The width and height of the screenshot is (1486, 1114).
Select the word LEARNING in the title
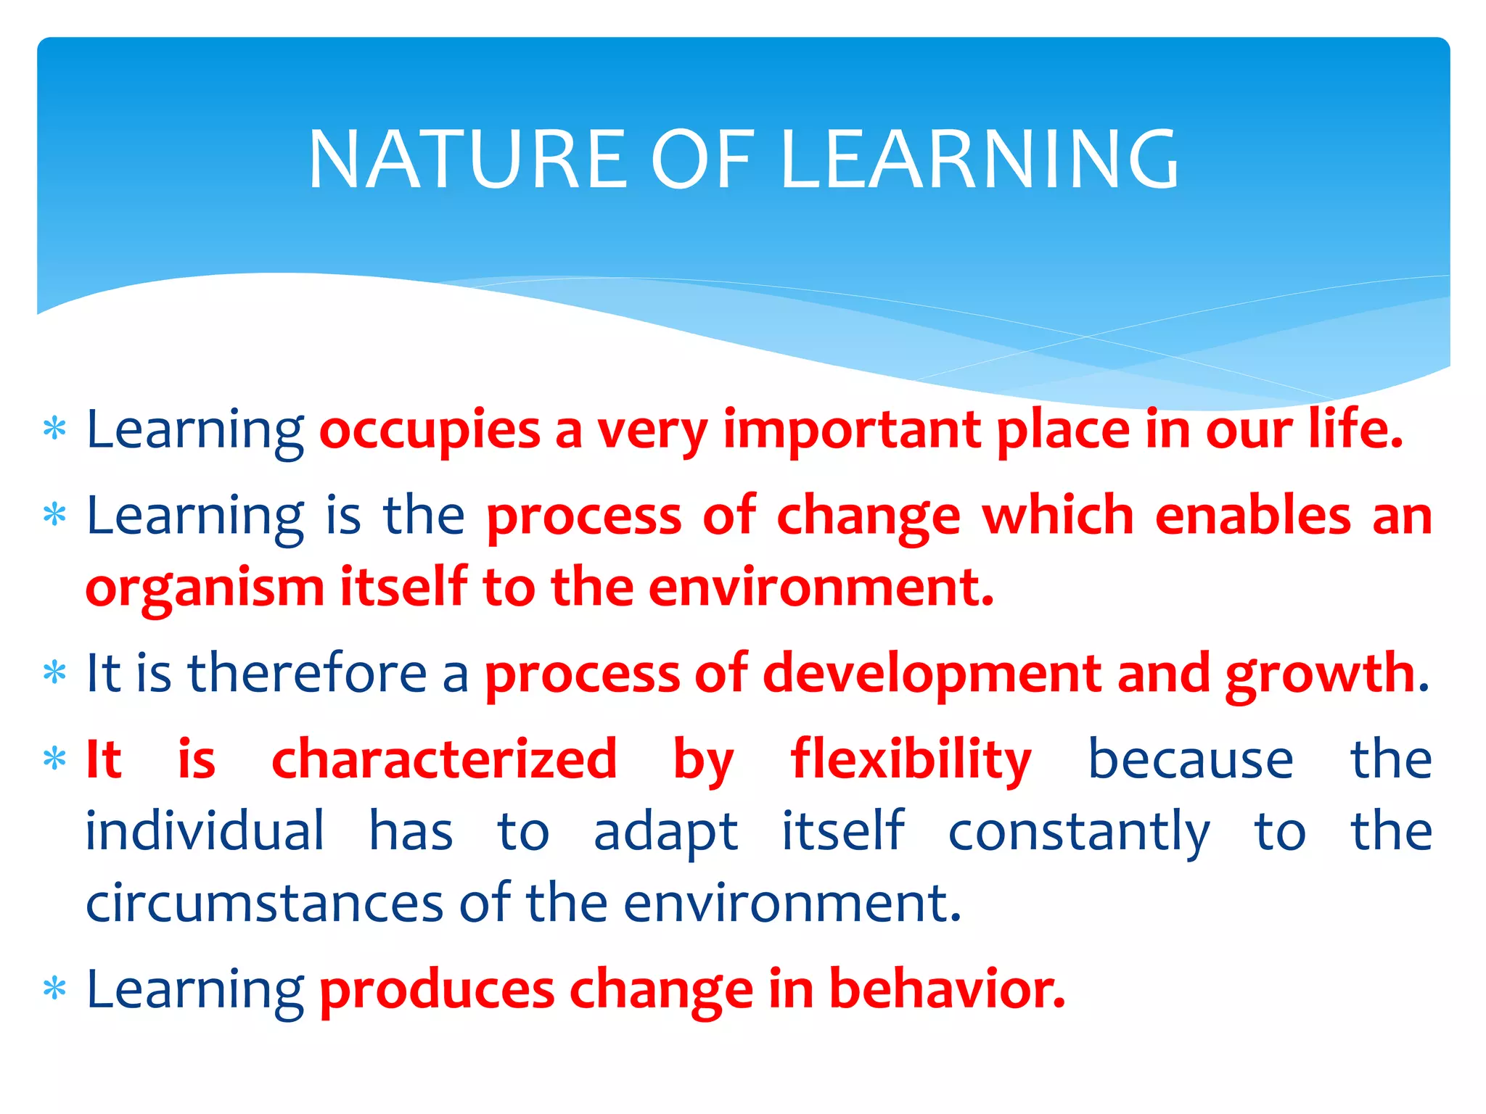pyautogui.click(x=980, y=160)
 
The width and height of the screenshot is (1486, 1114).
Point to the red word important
pyautogui.click(x=852, y=430)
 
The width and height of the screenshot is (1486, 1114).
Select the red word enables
pyautogui.click(x=1252, y=516)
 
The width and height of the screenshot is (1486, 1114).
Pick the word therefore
pyautogui.click(x=308, y=673)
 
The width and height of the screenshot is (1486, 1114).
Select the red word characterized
pyautogui.click(x=444, y=759)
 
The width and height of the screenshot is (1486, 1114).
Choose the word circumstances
pyautogui.click(x=264, y=904)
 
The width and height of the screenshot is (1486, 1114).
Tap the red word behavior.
pyautogui.click(x=946, y=989)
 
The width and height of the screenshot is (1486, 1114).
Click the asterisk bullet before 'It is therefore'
pyautogui.click(x=55, y=673)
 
